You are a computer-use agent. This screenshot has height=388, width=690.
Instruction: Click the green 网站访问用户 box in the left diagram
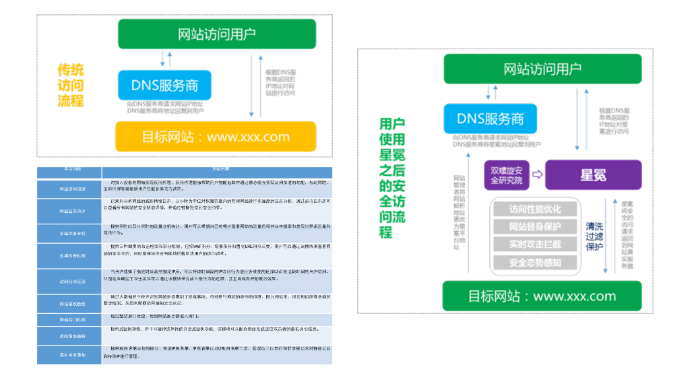[x=216, y=34]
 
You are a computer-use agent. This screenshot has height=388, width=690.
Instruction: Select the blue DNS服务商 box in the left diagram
[x=164, y=86]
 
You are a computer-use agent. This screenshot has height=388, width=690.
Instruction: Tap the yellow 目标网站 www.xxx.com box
[x=215, y=137]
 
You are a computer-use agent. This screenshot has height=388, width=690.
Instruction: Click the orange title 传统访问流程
[x=71, y=86]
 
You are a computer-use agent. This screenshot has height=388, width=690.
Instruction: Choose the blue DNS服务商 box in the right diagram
[x=490, y=119]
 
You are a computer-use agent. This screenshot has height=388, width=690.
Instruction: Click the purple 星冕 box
[x=593, y=175]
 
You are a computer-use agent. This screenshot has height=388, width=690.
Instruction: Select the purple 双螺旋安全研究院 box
[x=506, y=174]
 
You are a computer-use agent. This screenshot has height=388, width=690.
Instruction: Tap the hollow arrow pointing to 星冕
[x=537, y=174]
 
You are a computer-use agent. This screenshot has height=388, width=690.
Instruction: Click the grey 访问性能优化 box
[x=535, y=209]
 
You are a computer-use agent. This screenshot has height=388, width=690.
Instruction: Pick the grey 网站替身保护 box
[x=535, y=227]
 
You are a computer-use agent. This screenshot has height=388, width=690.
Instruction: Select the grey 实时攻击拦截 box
[x=535, y=245]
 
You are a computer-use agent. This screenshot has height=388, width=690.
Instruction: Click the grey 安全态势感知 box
[x=535, y=263]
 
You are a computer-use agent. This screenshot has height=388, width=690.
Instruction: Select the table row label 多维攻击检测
[x=72, y=256]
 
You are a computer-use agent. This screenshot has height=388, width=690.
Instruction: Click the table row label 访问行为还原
[x=72, y=281]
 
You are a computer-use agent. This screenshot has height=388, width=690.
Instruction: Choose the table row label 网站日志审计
[x=72, y=211]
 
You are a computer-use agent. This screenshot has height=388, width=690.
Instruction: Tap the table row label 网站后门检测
[x=72, y=319]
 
